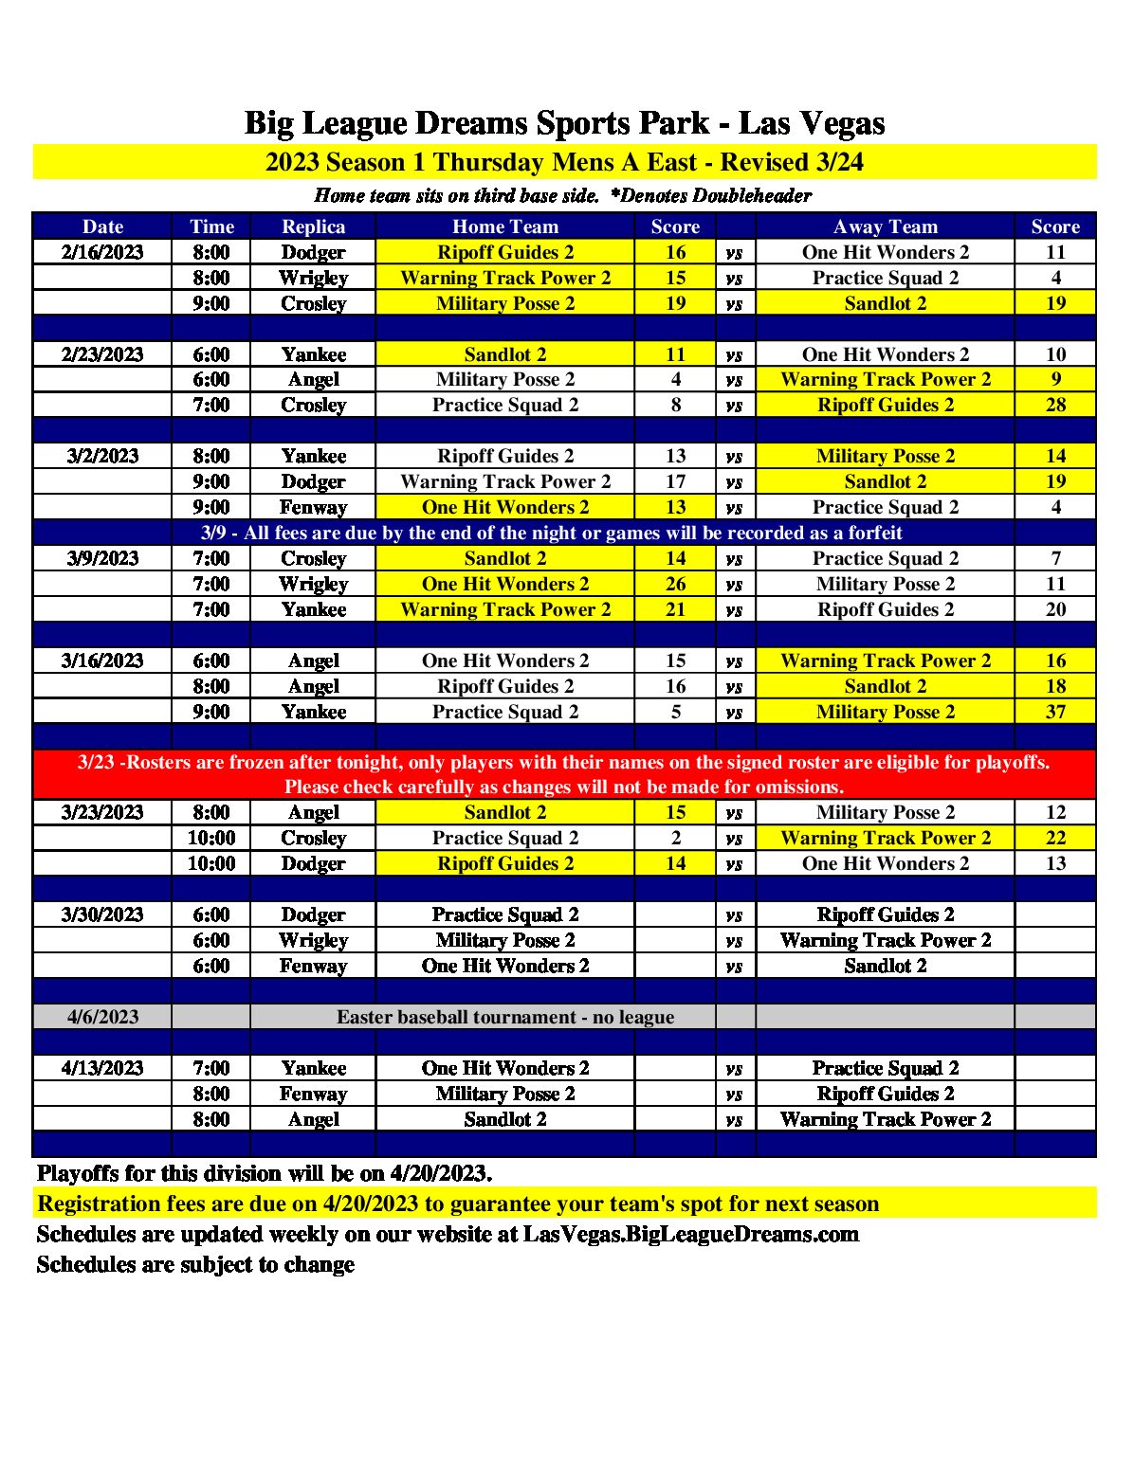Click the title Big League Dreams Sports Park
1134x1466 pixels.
click(x=564, y=123)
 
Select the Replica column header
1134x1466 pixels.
click(x=313, y=226)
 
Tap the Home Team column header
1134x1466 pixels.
click(x=505, y=226)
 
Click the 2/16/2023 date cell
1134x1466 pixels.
click(x=102, y=252)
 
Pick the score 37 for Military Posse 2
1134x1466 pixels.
click(x=1055, y=712)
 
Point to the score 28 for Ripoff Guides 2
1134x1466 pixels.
click(x=1055, y=405)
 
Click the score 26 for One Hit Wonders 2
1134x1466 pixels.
click(x=675, y=584)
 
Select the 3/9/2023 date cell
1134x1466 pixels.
click(x=102, y=558)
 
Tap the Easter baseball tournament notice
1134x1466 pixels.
click(x=505, y=1017)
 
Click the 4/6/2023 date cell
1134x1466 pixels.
click(x=102, y=1017)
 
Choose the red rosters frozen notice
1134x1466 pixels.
click(x=564, y=774)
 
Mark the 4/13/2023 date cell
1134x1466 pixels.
click(x=102, y=1068)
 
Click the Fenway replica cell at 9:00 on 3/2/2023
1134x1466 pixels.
click(x=313, y=507)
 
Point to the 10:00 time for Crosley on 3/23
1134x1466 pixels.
click(x=210, y=838)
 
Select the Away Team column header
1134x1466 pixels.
click(x=886, y=226)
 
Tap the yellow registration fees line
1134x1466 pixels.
click(x=458, y=1204)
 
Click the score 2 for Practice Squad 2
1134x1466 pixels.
click(x=675, y=838)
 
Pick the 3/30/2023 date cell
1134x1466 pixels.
click(x=102, y=914)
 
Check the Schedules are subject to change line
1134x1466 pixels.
click(x=195, y=1264)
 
